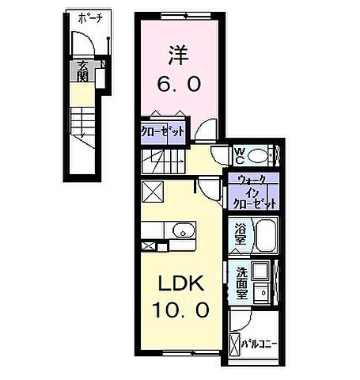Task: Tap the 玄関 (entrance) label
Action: point(82,72)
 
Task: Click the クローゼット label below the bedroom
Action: point(163,131)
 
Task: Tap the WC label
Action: point(241,152)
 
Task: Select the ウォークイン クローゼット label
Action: point(253,191)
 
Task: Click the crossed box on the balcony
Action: point(234,345)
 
